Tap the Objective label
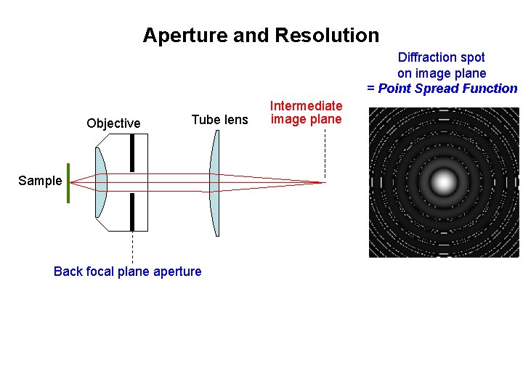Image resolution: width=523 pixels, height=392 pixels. point(113,123)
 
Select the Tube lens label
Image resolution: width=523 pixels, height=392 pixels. point(219,120)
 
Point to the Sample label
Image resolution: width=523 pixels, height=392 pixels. point(40,181)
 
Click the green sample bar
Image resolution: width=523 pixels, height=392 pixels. point(68,183)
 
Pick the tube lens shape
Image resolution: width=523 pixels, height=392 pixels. point(214,183)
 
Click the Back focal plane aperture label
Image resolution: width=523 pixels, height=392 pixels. point(128,271)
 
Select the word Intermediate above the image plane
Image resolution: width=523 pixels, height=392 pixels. point(306,106)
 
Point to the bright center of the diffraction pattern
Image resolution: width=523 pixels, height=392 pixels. point(444,182)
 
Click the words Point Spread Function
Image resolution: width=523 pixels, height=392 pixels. point(447,89)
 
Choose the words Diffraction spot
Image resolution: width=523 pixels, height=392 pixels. point(442,57)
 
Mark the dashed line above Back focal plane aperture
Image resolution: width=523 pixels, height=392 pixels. point(132,247)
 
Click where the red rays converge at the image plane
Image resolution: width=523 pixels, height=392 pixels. point(323,182)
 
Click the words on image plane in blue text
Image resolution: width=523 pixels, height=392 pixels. point(442,73)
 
